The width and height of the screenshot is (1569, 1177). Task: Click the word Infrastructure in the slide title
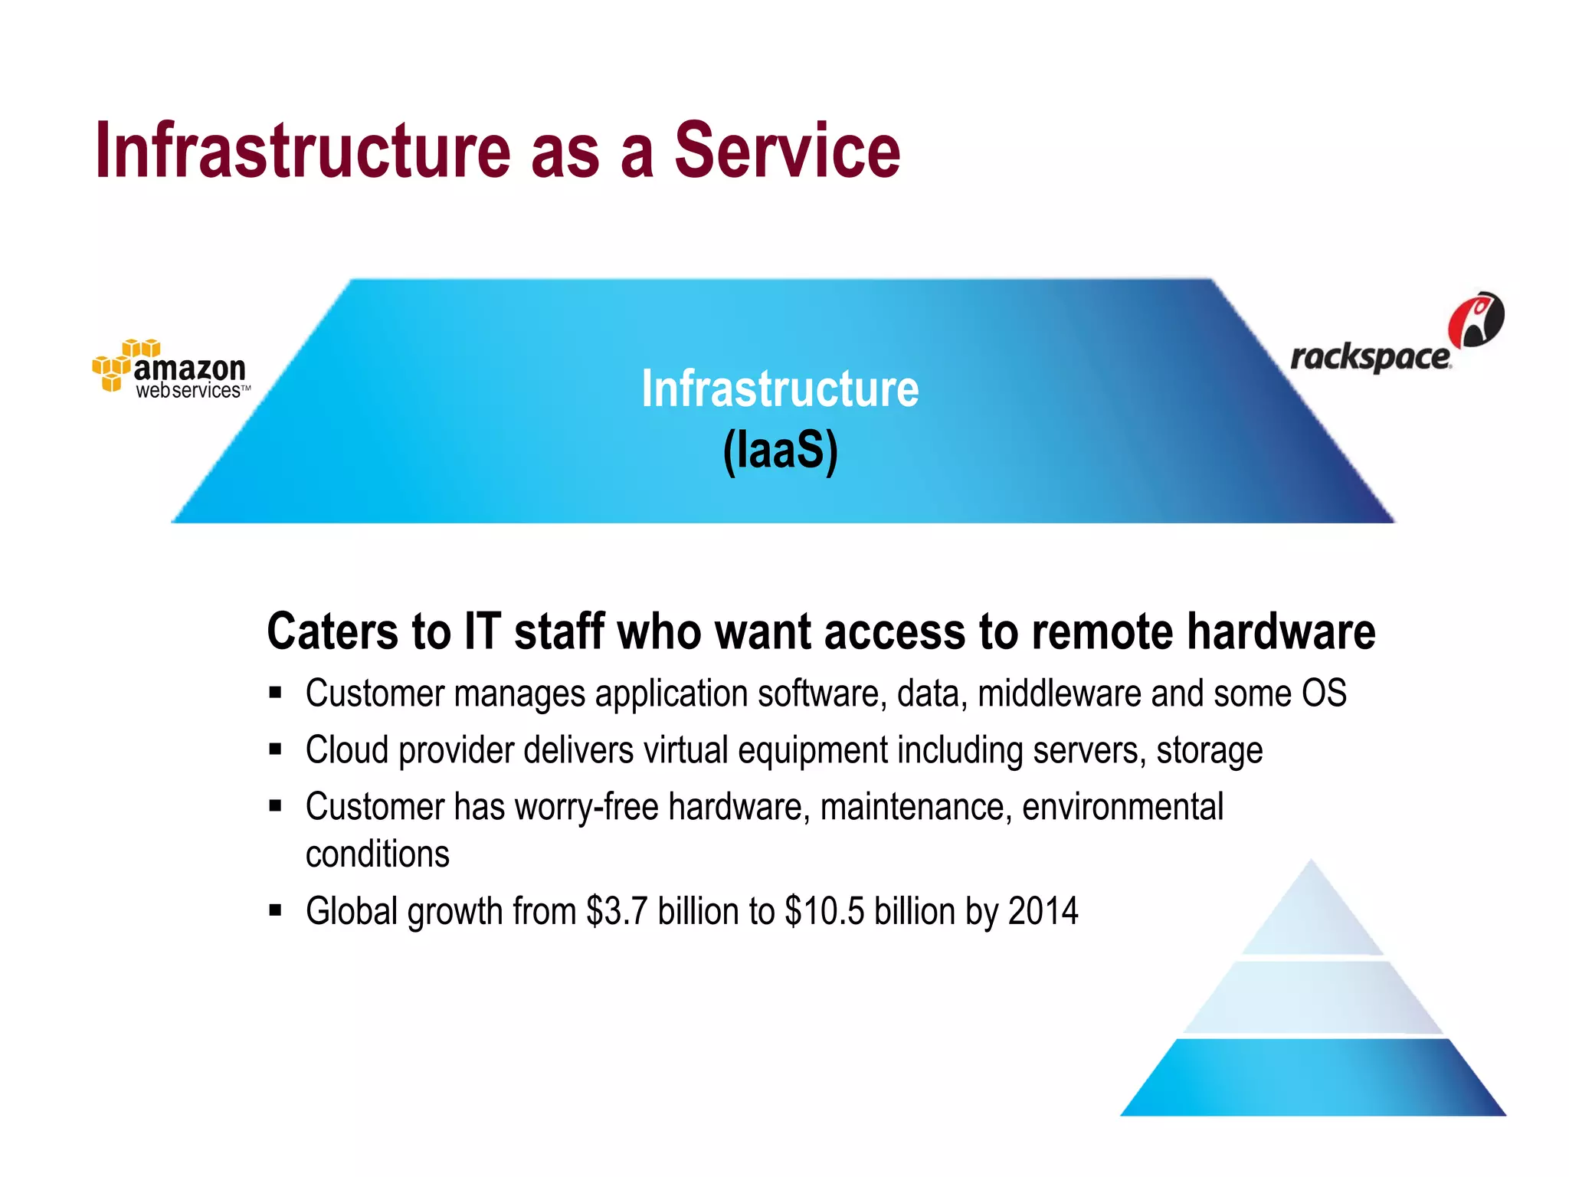coord(303,151)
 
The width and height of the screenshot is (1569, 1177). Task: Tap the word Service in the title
coord(787,151)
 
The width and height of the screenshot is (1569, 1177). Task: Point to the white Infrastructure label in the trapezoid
coord(780,389)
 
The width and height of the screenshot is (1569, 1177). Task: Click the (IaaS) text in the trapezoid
coord(780,451)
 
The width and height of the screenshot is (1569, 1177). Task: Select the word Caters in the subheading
coord(332,632)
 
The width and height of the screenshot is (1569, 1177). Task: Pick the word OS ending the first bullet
coord(1324,694)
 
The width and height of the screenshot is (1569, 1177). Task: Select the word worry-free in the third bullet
coord(587,808)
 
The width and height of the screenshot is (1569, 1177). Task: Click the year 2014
coord(1043,912)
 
